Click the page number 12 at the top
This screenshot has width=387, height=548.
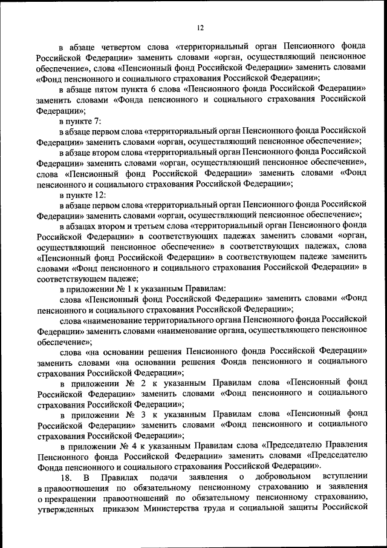(201, 27)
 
